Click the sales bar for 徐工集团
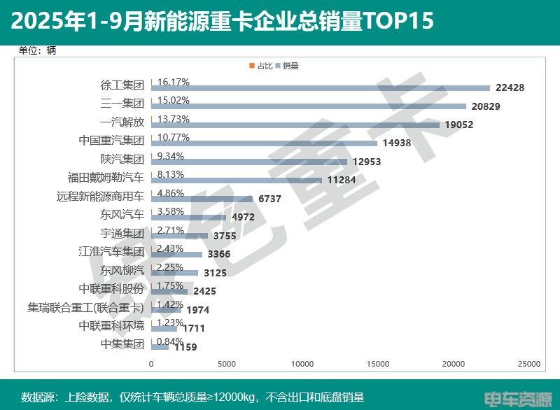(321, 88)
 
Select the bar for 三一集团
(309, 106)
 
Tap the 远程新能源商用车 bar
(202, 199)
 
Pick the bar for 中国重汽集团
(264, 143)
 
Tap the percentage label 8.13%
(171, 174)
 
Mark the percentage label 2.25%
(171, 267)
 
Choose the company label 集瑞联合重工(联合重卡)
(86, 307)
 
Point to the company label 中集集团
(122, 344)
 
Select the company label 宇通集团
(122, 233)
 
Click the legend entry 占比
(261, 66)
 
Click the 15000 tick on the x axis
(378, 365)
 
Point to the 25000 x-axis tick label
(529, 365)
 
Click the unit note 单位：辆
(37, 50)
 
